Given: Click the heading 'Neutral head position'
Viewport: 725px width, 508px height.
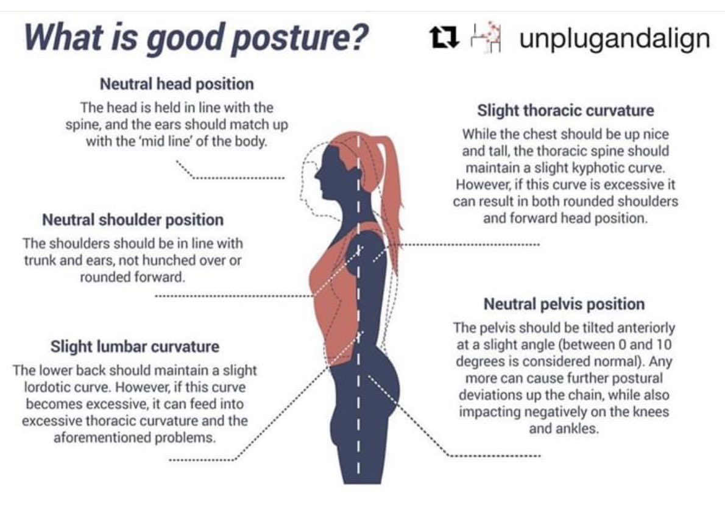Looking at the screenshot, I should (x=177, y=83).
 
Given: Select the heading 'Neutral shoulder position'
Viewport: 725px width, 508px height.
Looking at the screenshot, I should (x=133, y=219).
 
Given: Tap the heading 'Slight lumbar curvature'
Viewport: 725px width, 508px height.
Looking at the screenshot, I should (x=135, y=347).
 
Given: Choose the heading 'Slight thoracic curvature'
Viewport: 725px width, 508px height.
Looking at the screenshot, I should (x=565, y=111).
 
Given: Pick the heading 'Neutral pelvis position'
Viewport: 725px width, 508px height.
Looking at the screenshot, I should (x=564, y=304).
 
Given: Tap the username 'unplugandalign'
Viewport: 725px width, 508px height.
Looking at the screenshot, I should (x=614, y=39).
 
